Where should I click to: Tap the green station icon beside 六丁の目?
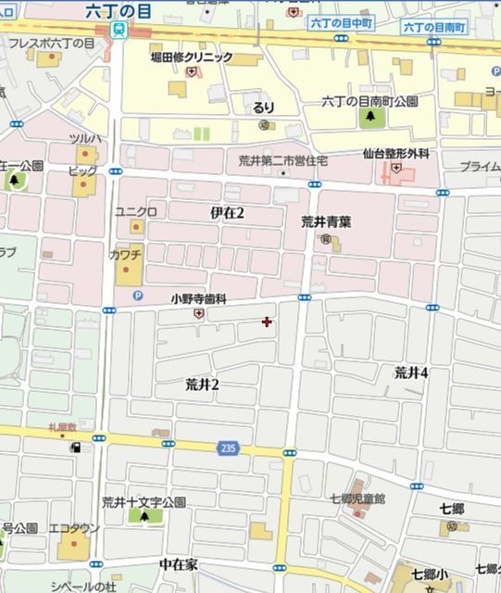pos(118,29)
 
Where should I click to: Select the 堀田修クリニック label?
pos(192,57)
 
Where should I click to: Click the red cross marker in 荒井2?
pos(268,322)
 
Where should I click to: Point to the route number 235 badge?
pos(229,448)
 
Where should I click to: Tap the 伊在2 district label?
pos(227,213)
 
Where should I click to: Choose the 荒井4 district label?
pos(411,372)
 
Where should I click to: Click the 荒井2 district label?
pos(202,384)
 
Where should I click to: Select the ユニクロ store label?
pos(134,211)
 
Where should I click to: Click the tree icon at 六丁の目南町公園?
pos(371,117)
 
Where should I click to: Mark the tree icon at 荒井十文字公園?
pos(144,515)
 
